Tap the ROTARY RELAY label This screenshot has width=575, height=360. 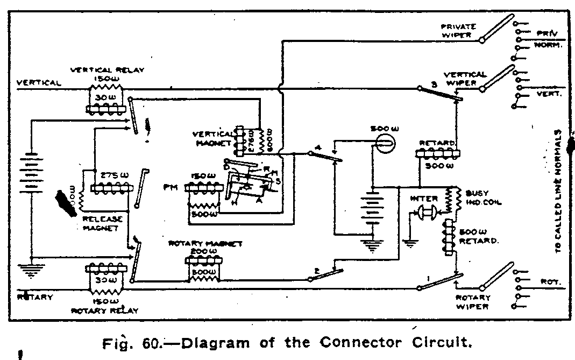[x=104, y=310]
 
